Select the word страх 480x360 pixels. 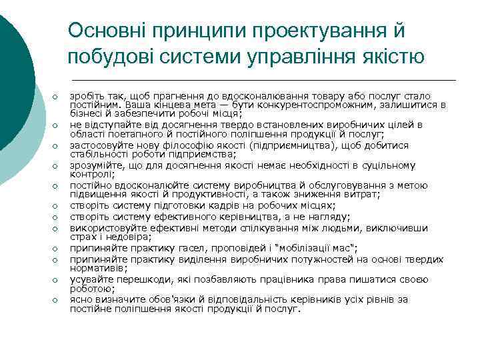coord(81,237)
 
